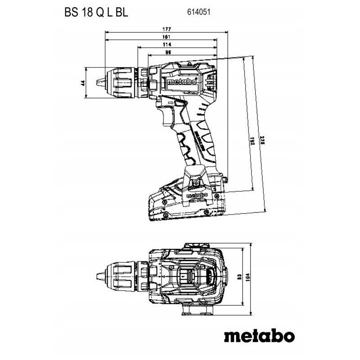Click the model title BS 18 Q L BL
click(x=96, y=13)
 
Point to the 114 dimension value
click(x=167, y=45)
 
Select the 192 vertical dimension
click(x=253, y=141)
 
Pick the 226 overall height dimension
click(x=265, y=143)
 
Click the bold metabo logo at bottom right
click(x=259, y=336)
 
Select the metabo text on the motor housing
click(x=181, y=82)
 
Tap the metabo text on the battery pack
click(x=197, y=196)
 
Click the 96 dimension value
click(x=167, y=53)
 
